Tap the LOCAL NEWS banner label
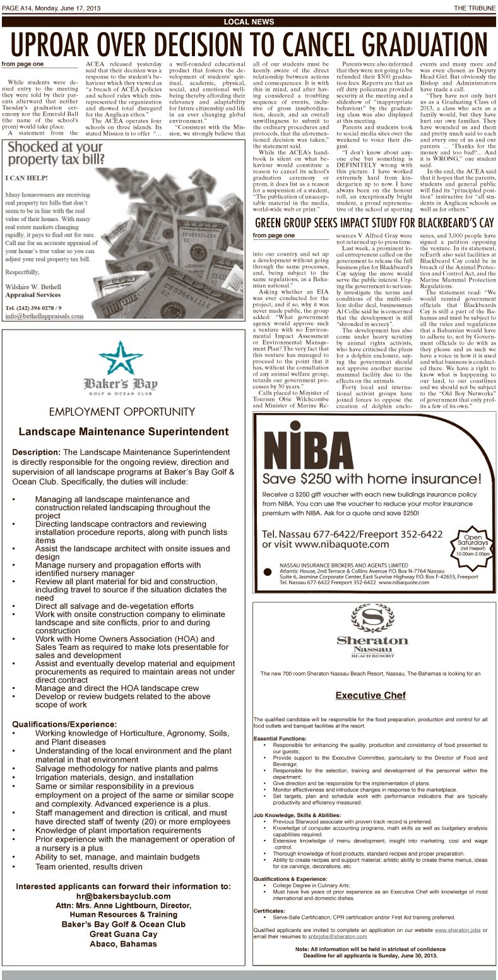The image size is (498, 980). [x=249, y=22]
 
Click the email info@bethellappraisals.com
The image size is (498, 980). [x=44, y=316]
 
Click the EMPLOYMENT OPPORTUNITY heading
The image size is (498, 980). [x=122, y=412]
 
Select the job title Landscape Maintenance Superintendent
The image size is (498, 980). [x=123, y=432]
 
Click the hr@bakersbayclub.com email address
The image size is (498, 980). [x=123, y=896]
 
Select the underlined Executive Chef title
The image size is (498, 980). [x=370, y=695]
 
